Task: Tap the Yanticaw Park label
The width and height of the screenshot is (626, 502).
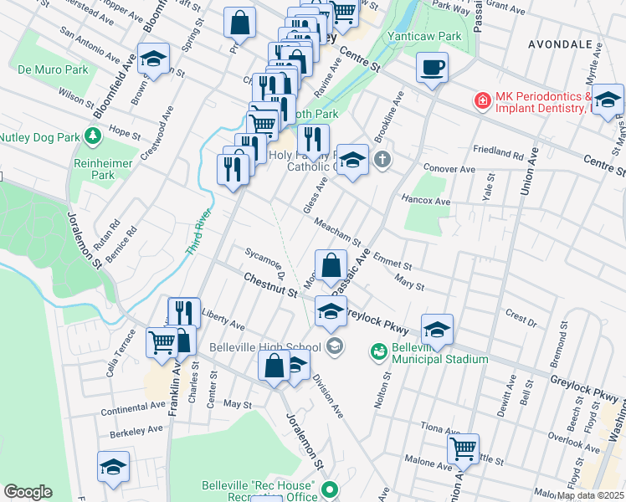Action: pos(424,37)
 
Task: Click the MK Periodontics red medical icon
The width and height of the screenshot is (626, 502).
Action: pos(482,101)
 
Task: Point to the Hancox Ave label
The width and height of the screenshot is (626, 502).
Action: pos(426,202)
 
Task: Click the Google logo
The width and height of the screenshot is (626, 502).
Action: pos(28,492)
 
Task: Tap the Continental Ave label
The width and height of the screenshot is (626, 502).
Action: pos(135,407)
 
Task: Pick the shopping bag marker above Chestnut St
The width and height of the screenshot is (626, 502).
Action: pos(331,266)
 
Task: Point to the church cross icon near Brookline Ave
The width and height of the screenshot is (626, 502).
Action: pos(382,159)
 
